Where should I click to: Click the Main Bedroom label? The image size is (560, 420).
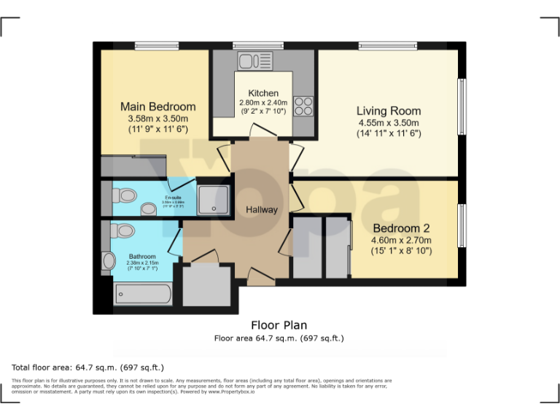[157, 106]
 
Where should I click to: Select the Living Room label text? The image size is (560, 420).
[388, 111]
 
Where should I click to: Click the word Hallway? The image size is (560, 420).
[261, 210]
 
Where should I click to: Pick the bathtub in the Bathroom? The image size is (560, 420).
[144, 295]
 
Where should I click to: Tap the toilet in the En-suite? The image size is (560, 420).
[125, 195]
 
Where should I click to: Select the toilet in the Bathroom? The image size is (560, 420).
[124, 231]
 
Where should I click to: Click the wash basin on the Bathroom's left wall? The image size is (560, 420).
[109, 260]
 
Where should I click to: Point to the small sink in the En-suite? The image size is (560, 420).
[149, 209]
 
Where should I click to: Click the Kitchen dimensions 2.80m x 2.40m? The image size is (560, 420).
[263, 104]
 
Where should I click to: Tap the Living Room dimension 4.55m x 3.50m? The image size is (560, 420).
[388, 123]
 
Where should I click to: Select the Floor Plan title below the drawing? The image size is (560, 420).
[279, 325]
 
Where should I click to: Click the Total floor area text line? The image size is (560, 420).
[88, 367]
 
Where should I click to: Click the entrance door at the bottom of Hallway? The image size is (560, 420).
[259, 276]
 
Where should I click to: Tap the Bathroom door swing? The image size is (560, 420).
[176, 243]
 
